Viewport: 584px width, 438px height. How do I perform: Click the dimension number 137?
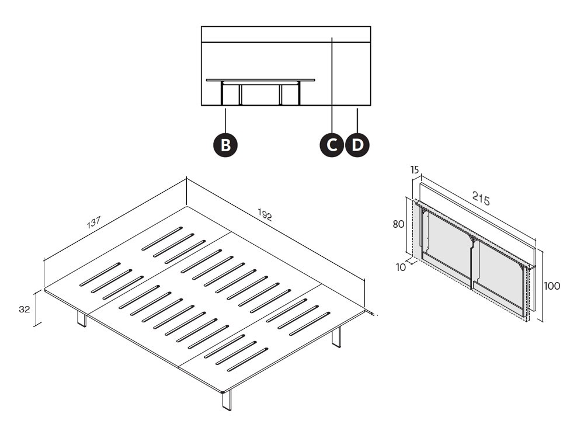click(94, 223)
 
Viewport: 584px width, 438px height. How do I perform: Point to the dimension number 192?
click(265, 215)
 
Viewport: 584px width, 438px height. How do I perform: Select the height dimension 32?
click(24, 310)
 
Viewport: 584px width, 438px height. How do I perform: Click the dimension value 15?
click(415, 170)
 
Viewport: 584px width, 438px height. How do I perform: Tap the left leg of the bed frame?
click(81, 319)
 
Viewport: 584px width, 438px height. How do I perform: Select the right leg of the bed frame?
click(336, 337)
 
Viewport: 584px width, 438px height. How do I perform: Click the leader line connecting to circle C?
click(332, 88)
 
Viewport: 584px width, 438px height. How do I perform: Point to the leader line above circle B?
click(225, 120)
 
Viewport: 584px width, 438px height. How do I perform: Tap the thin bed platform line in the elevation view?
click(260, 80)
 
